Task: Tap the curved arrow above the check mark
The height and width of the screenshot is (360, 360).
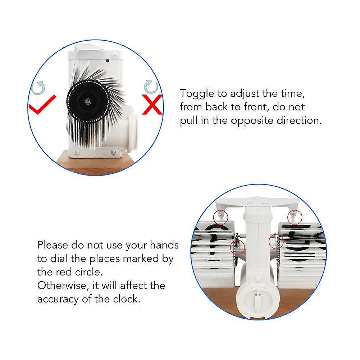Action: [x=38, y=88]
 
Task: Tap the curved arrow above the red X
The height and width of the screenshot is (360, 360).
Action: [x=151, y=87]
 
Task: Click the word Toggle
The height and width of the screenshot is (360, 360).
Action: [x=197, y=94]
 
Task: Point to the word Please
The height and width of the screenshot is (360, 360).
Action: [x=53, y=245]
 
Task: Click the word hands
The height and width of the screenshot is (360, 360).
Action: [x=164, y=245]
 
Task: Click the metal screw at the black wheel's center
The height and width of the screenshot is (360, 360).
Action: [x=87, y=101]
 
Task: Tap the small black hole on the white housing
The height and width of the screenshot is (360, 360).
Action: [x=107, y=61]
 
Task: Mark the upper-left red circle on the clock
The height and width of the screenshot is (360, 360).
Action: [x=220, y=217]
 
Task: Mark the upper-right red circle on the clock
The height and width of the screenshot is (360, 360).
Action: [x=295, y=217]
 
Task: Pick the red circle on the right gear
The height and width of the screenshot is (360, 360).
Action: [x=276, y=241]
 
